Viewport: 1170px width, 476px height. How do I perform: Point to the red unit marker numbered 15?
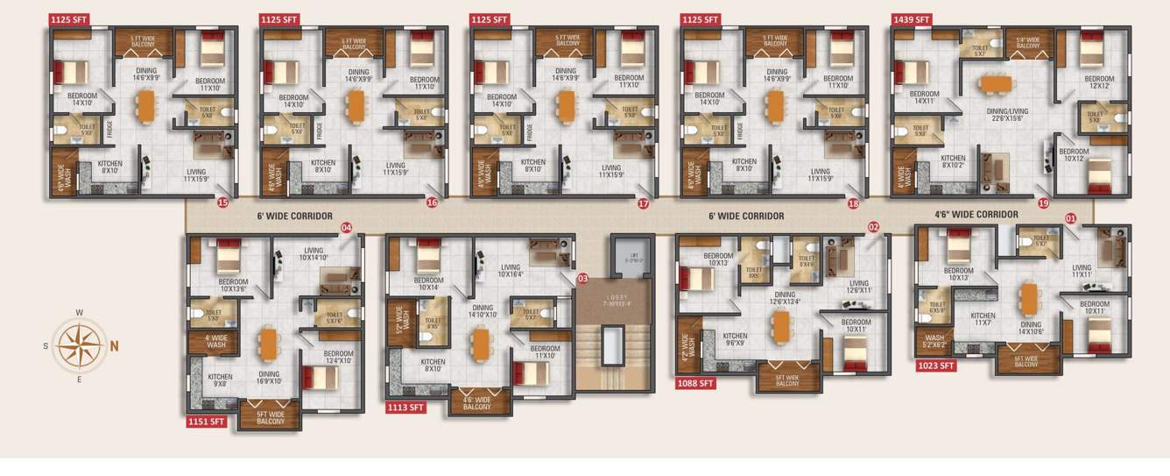tap(222, 202)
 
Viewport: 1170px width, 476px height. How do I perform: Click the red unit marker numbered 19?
tap(1043, 202)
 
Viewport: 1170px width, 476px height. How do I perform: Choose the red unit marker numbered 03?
tap(582, 279)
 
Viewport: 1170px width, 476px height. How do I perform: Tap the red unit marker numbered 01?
tap(1070, 217)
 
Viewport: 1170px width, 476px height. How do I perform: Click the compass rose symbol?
tap(79, 345)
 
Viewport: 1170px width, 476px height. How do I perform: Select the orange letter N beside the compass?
tap(114, 345)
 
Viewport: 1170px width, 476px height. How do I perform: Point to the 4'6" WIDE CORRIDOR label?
tap(976, 214)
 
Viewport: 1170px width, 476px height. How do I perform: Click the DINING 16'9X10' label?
tap(269, 378)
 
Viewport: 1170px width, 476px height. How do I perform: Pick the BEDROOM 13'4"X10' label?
tap(338, 358)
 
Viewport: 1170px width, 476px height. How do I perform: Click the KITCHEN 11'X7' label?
tap(983, 320)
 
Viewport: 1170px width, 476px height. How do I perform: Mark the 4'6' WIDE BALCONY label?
tap(476, 402)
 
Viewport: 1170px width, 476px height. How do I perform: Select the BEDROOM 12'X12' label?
tap(1098, 82)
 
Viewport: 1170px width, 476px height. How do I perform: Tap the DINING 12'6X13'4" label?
tap(785, 299)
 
